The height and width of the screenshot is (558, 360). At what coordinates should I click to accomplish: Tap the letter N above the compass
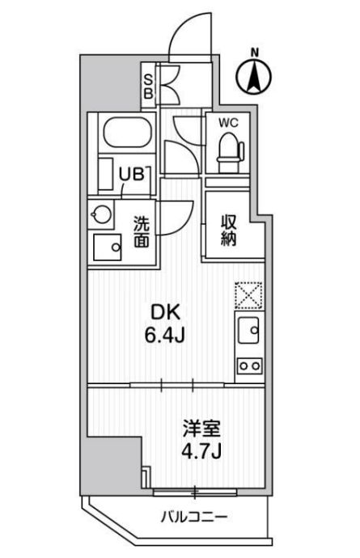[x=254, y=54]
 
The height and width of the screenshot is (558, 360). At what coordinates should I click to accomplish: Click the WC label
[x=227, y=124]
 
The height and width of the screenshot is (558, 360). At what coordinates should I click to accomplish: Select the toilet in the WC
[x=229, y=150]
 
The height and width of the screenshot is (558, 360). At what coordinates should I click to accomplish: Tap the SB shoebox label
[x=149, y=85]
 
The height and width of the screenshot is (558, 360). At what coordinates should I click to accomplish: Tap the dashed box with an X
[x=248, y=296]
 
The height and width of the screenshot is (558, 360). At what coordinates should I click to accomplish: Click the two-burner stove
[x=248, y=366]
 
